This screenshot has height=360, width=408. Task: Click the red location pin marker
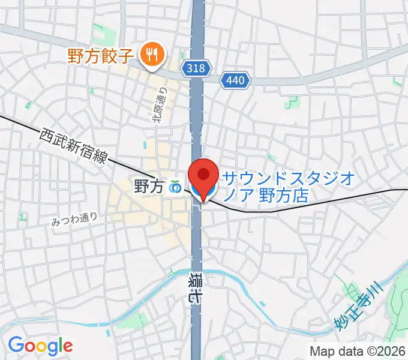click(x=203, y=176)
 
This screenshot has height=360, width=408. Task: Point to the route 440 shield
click(x=236, y=79)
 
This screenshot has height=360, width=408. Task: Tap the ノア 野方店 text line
click(x=265, y=196)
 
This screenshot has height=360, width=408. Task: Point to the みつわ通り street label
click(x=74, y=220)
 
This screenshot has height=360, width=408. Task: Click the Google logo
click(x=40, y=345)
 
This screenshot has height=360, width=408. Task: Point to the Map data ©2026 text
click(x=358, y=350)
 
